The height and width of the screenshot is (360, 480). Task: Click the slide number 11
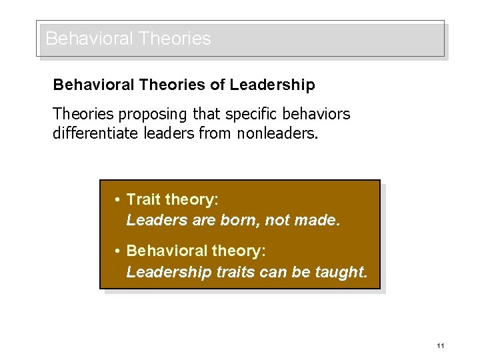441,345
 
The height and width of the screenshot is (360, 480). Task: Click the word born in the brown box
242,219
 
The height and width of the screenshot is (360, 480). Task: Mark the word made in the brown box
318,219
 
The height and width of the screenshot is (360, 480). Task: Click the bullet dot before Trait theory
117,199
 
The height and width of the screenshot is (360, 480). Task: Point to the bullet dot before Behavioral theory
117,251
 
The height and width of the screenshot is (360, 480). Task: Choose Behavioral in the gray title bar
89,39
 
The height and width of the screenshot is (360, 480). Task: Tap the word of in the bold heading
219,85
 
